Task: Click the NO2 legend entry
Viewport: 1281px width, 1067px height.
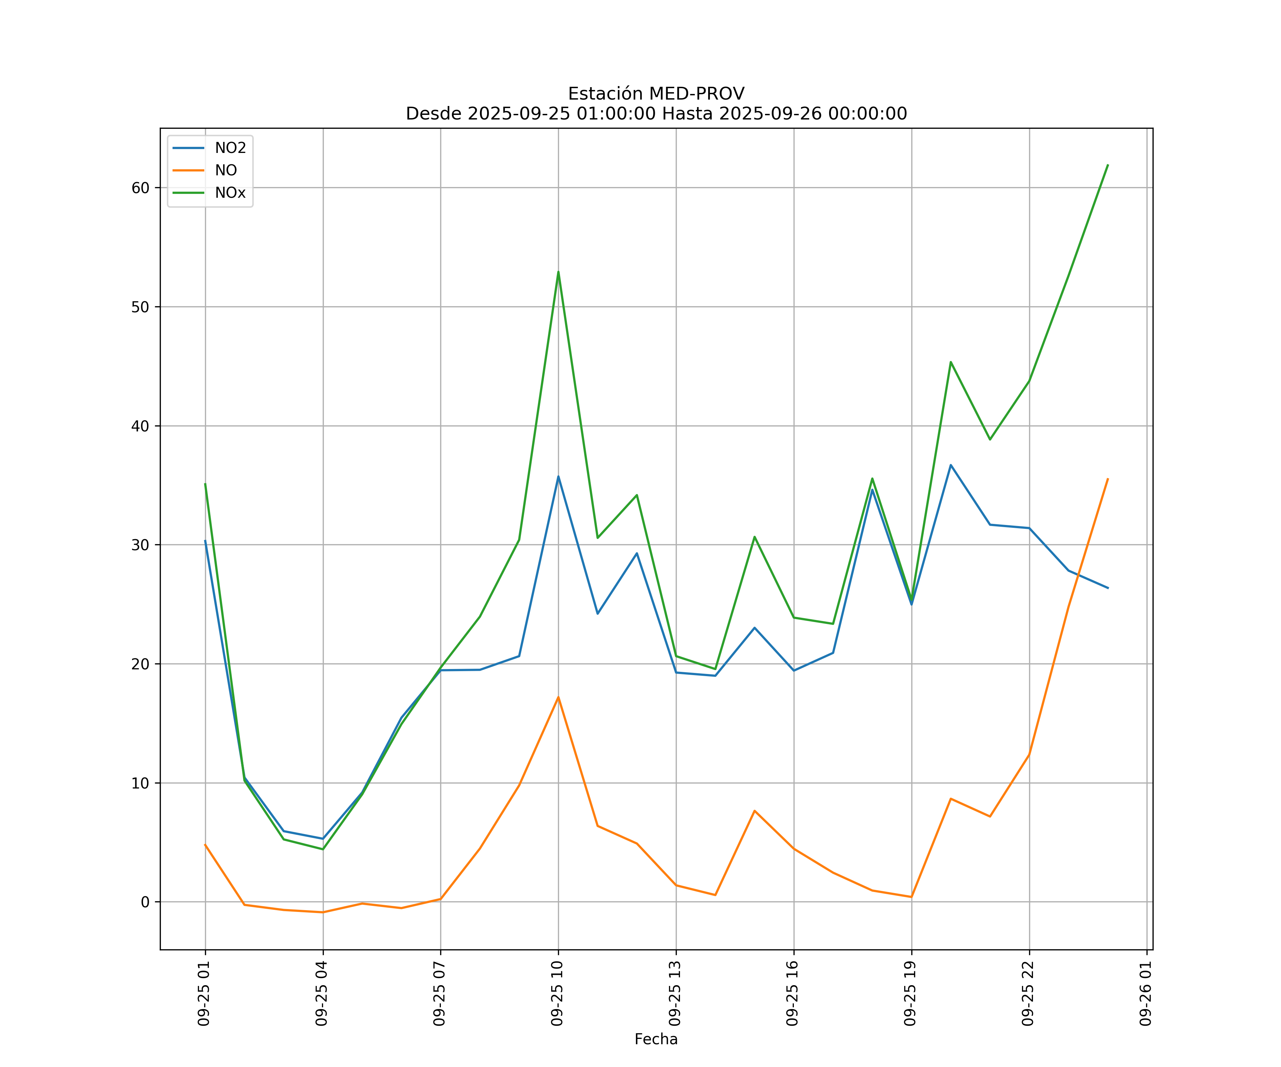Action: click(x=230, y=148)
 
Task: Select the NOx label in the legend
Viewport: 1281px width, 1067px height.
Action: click(x=230, y=193)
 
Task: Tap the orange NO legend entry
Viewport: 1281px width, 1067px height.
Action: click(x=225, y=171)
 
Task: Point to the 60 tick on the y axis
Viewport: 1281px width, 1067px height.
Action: click(x=140, y=188)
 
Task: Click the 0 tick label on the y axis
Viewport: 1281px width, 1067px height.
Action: click(x=144, y=902)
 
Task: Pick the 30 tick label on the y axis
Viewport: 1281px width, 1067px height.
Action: click(x=140, y=545)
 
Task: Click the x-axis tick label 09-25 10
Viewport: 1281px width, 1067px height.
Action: click(x=557, y=993)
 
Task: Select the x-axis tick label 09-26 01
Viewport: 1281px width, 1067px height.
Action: click(x=1145, y=993)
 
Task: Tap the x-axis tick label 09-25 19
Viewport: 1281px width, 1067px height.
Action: click(x=910, y=993)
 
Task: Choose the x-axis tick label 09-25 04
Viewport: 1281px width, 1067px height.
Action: click(x=321, y=993)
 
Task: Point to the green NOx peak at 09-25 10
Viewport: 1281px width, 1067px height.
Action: click(x=558, y=272)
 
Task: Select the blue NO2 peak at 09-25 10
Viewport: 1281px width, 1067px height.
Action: click(x=558, y=476)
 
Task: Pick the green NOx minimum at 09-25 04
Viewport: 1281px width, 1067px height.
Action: click(x=323, y=849)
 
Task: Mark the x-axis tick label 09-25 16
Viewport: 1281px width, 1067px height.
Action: click(x=792, y=993)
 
